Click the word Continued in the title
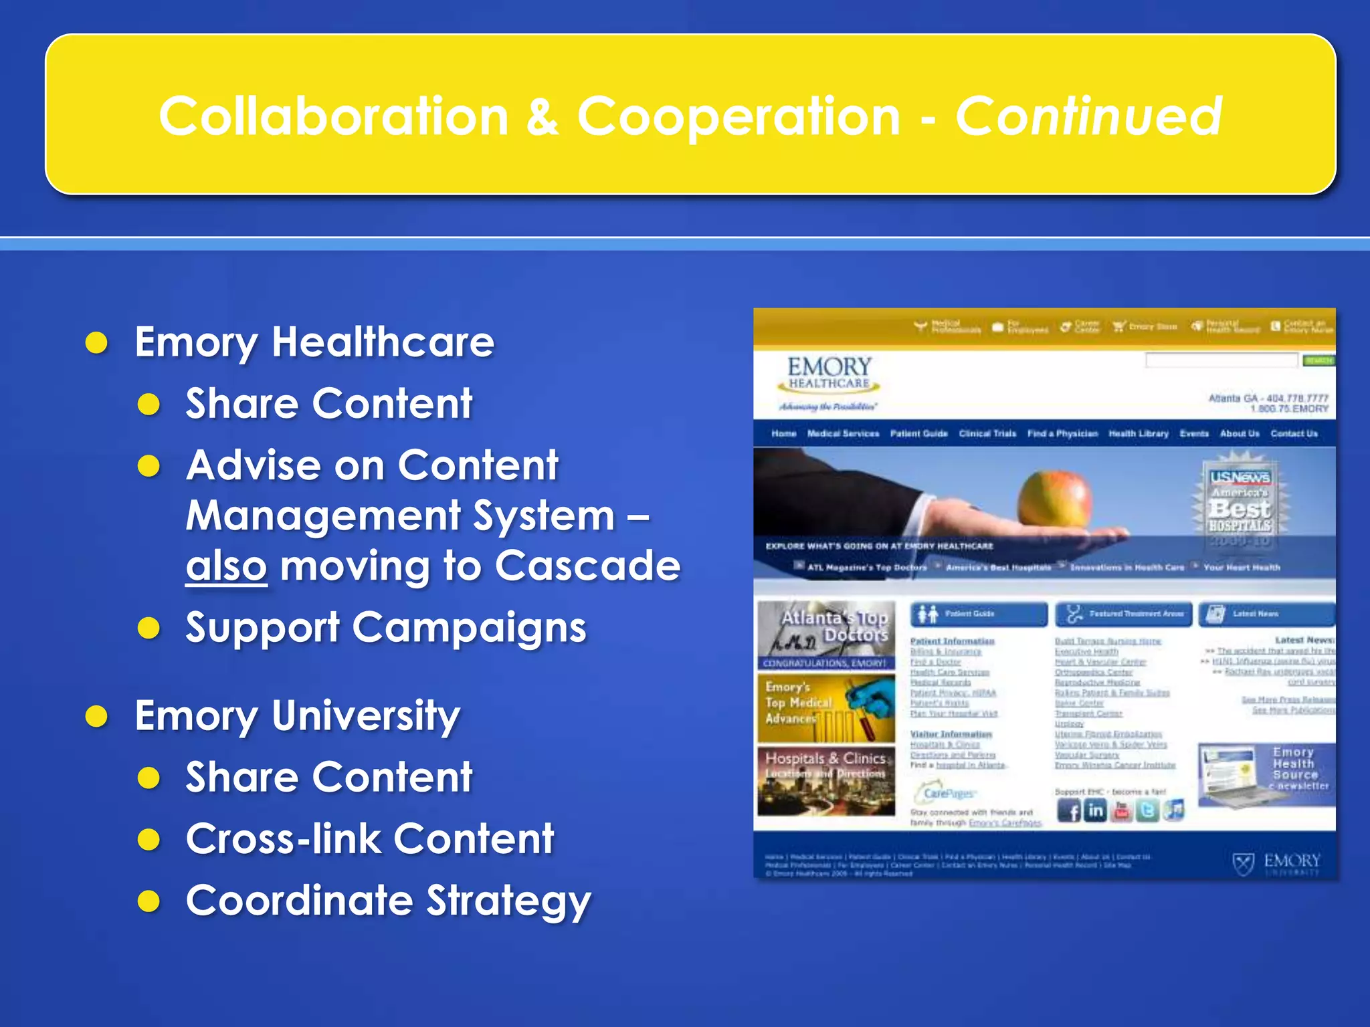1088,117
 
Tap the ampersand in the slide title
542,117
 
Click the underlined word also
226,566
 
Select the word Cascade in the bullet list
587,566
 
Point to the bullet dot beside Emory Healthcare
97,342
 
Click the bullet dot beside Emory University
97,716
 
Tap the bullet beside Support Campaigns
149,628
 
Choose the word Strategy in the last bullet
509,901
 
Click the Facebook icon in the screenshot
1068,811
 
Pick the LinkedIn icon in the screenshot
1095,811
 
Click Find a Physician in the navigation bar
1062,434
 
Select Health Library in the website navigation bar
1138,434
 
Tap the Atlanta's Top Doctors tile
826,634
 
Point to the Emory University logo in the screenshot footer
1276,863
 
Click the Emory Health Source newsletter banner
1266,774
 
